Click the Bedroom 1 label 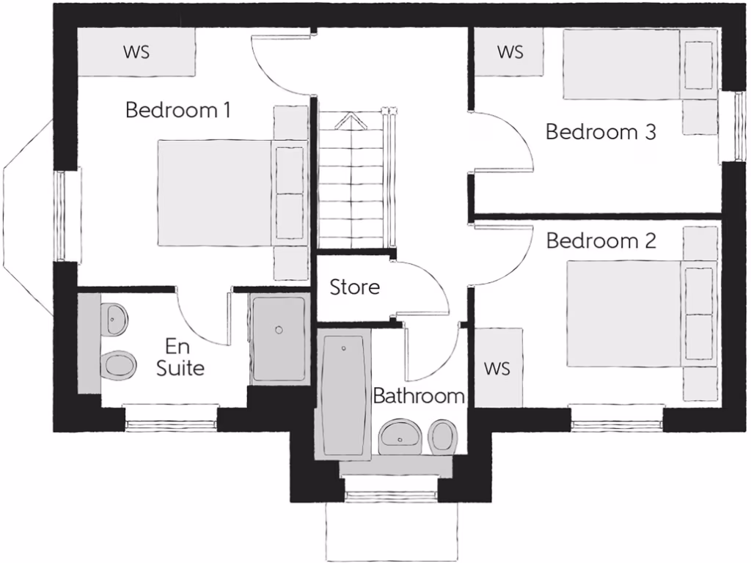[178, 111]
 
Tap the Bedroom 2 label [601, 240]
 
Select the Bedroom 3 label [601, 133]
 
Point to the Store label [355, 287]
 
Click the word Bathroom [419, 397]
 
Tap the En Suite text [180, 357]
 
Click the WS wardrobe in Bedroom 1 [136, 52]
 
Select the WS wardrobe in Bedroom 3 [510, 52]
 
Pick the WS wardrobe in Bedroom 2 [497, 367]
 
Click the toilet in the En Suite [118, 364]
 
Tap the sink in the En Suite [115, 317]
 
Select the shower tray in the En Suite [278, 338]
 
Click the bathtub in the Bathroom [342, 397]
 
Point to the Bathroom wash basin [400, 437]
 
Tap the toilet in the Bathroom [442, 436]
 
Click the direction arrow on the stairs [351, 121]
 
